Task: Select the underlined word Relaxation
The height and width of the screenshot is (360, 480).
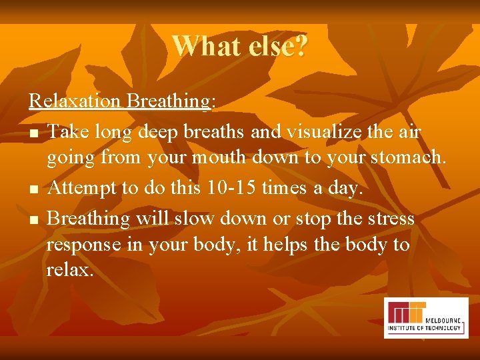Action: coord(76,101)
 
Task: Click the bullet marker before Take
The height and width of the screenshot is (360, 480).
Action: coord(33,133)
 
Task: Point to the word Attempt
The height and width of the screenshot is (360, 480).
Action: coord(83,189)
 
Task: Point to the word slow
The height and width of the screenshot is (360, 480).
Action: coord(204,218)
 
